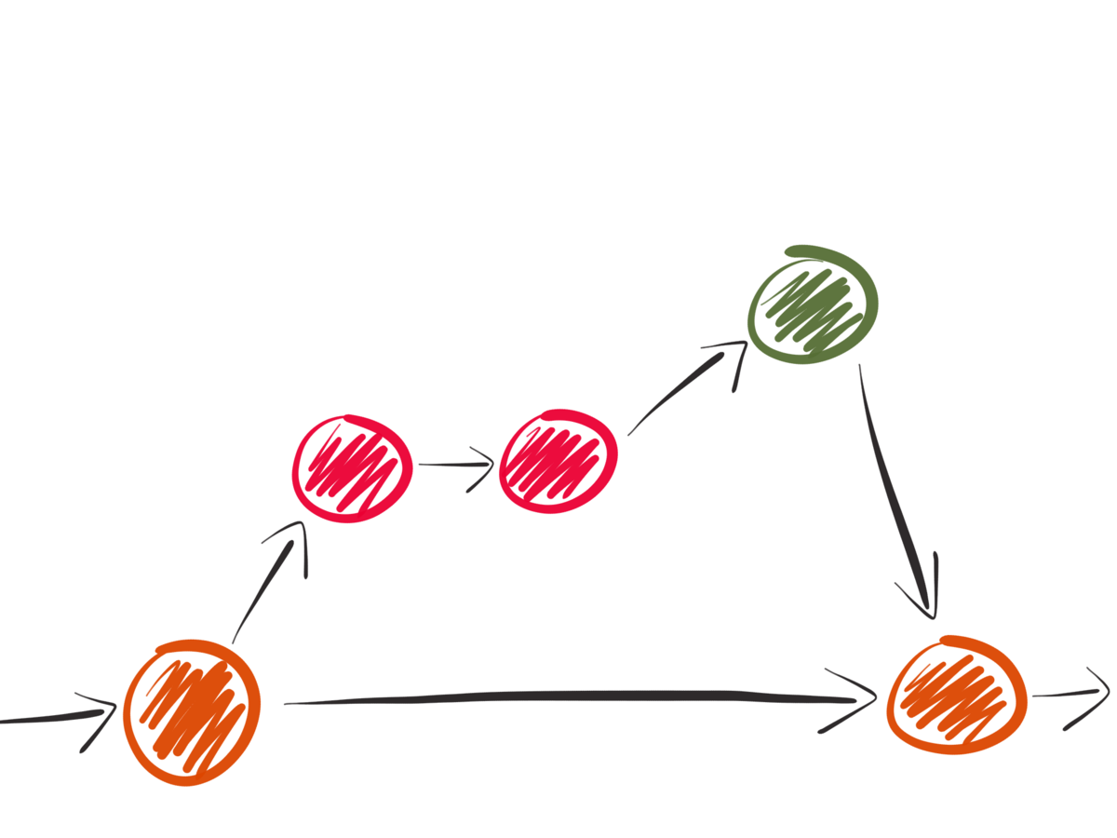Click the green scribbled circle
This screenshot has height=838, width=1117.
click(814, 304)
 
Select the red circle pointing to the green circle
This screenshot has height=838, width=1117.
click(558, 462)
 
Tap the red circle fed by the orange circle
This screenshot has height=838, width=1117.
click(353, 467)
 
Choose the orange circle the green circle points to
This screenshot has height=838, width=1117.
click(956, 695)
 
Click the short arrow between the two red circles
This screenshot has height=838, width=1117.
click(456, 463)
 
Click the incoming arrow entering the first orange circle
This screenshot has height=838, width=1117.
click(56, 718)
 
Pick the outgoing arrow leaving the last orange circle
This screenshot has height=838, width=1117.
click(1070, 696)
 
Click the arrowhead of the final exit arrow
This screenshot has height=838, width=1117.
click(1098, 693)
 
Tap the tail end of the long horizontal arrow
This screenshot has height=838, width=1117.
click(289, 703)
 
